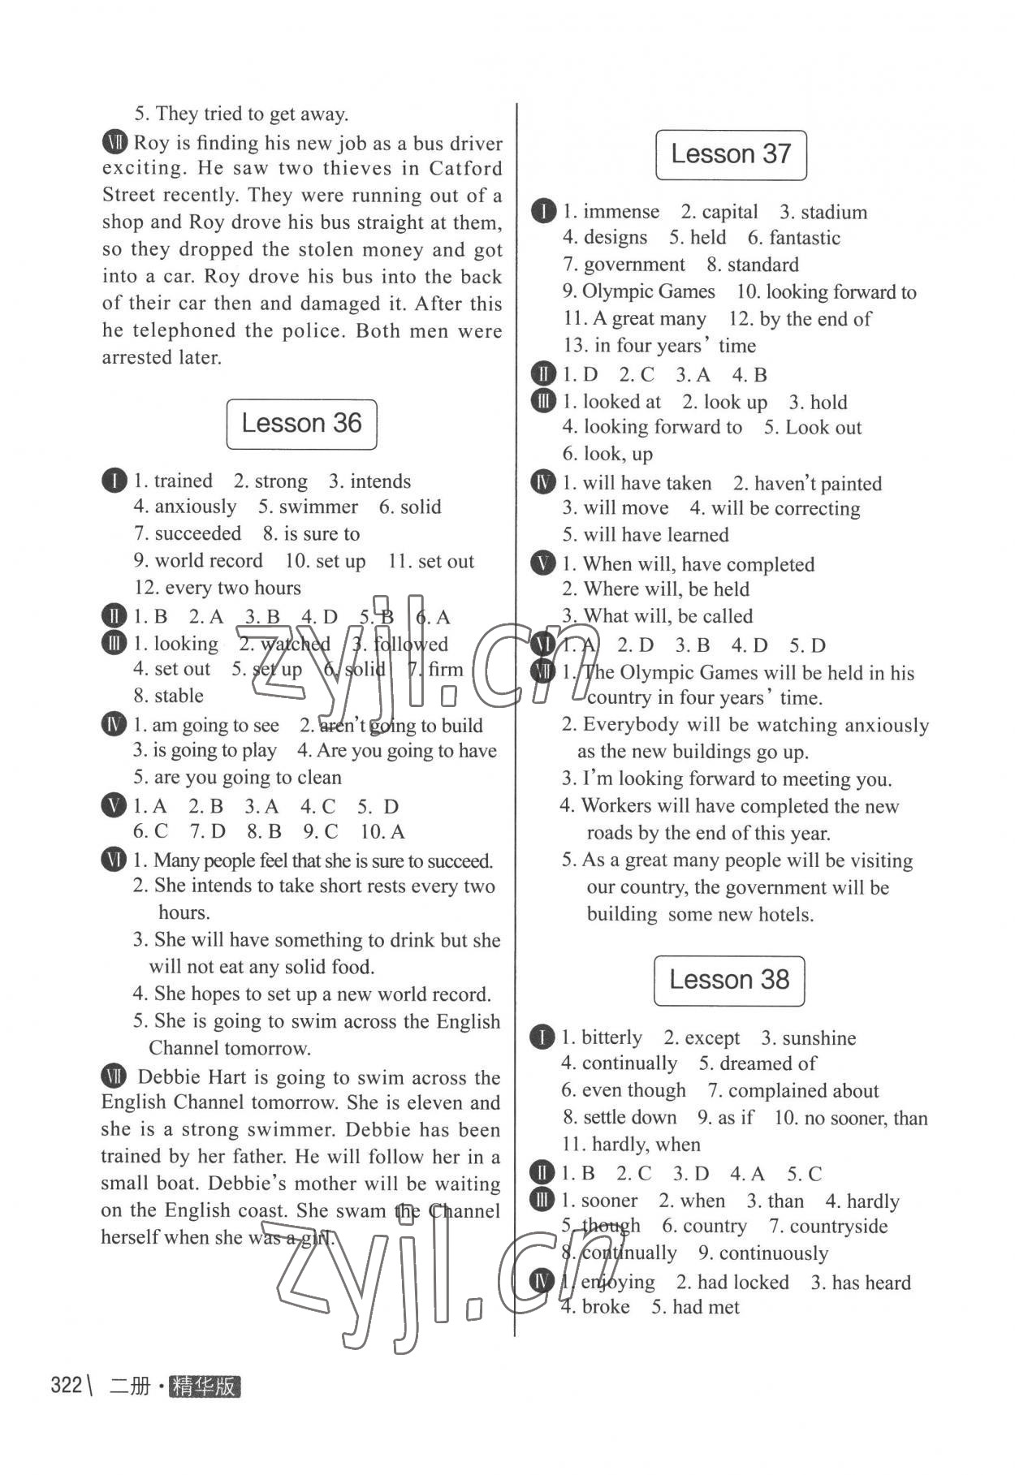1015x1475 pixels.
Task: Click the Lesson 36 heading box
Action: point(301,424)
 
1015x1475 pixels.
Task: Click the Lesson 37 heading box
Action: point(731,154)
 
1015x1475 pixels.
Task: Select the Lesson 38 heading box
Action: point(729,980)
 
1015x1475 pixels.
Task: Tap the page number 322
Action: point(67,1385)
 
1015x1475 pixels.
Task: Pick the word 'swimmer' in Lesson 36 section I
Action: point(318,507)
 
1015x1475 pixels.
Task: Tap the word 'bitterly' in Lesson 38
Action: point(611,1038)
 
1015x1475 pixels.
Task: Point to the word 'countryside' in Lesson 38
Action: point(839,1227)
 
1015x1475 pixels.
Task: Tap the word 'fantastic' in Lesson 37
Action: point(805,239)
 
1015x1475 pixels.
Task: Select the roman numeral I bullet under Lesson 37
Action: point(542,212)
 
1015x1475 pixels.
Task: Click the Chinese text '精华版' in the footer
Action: point(205,1387)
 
